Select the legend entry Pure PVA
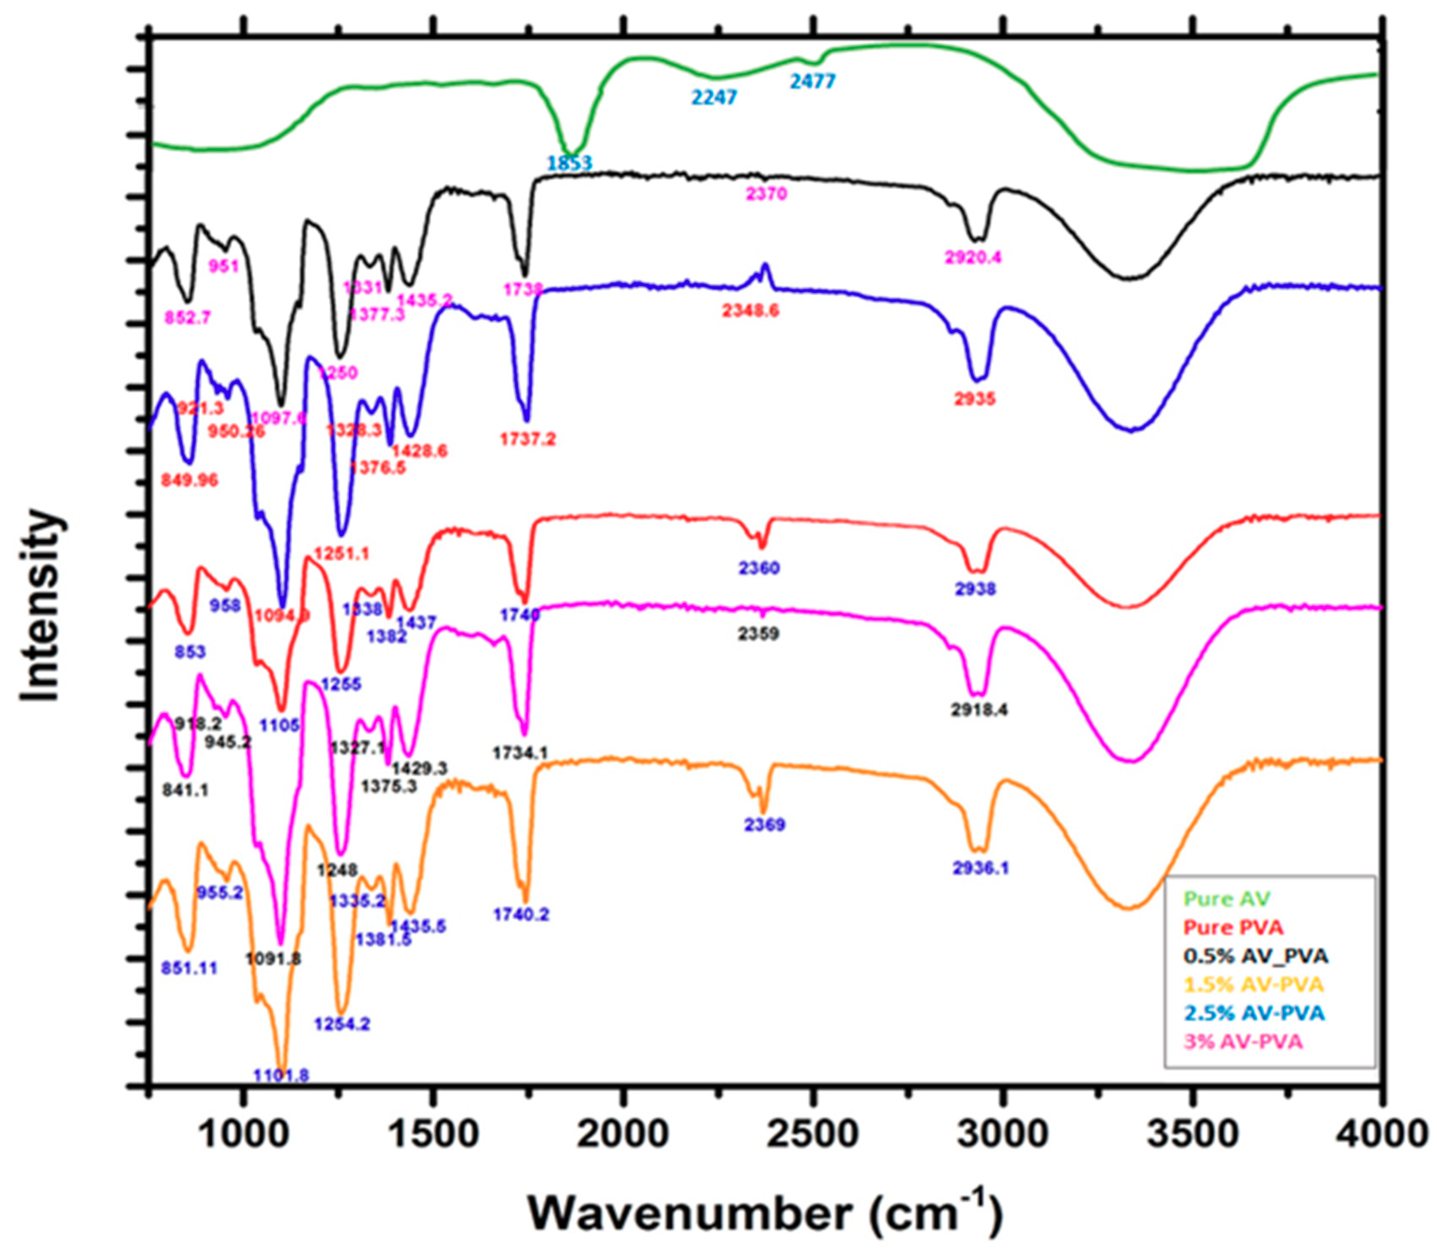[x=1233, y=927]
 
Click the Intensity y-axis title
[x=41, y=606]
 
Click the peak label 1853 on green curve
[x=570, y=163]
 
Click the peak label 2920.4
[x=973, y=257]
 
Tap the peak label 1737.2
[x=528, y=439]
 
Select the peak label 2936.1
[x=981, y=869]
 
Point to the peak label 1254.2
[x=341, y=1025]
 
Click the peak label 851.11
[x=189, y=969]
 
